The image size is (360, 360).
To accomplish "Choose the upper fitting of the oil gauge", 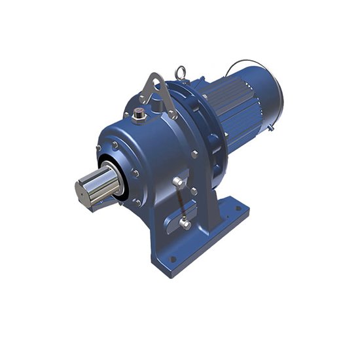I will click(179, 180).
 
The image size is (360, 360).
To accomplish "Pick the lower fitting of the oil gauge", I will click(185, 225).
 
